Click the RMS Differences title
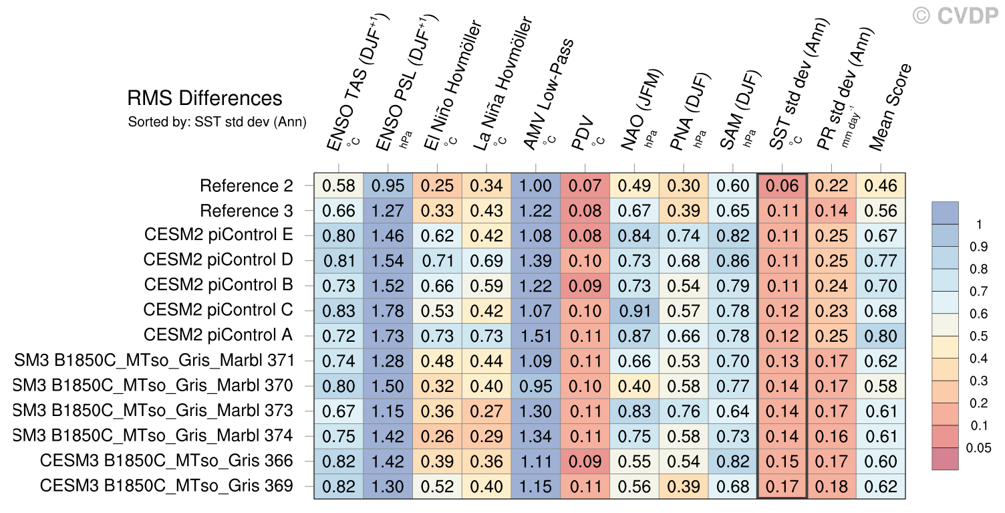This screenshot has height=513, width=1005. coord(204,98)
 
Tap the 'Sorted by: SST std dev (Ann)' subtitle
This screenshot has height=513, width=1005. coord(217,122)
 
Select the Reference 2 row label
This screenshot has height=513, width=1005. coord(247,185)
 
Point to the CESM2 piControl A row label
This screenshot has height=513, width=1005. coord(218,335)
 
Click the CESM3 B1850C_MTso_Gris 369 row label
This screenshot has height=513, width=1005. coord(166,486)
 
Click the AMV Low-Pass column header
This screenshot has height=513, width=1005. coord(547,94)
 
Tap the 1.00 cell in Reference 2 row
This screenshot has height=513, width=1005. coord(536,186)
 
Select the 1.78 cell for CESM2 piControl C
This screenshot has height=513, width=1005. coord(388,311)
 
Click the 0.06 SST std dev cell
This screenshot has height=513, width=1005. coord(782,186)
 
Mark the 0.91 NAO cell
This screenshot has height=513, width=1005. coord(634,311)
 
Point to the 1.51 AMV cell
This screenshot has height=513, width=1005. coord(536,336)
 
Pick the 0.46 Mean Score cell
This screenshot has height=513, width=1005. coord(881,186)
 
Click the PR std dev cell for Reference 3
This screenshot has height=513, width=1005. coord(831,211)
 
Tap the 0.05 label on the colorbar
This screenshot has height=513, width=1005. coord(978,448)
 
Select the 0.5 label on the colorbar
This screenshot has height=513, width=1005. coord(978,336)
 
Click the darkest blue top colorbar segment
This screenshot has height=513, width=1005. coord(945,213)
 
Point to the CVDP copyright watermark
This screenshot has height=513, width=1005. coord(954,16)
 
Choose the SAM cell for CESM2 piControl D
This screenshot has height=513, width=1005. coord(732,261)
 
